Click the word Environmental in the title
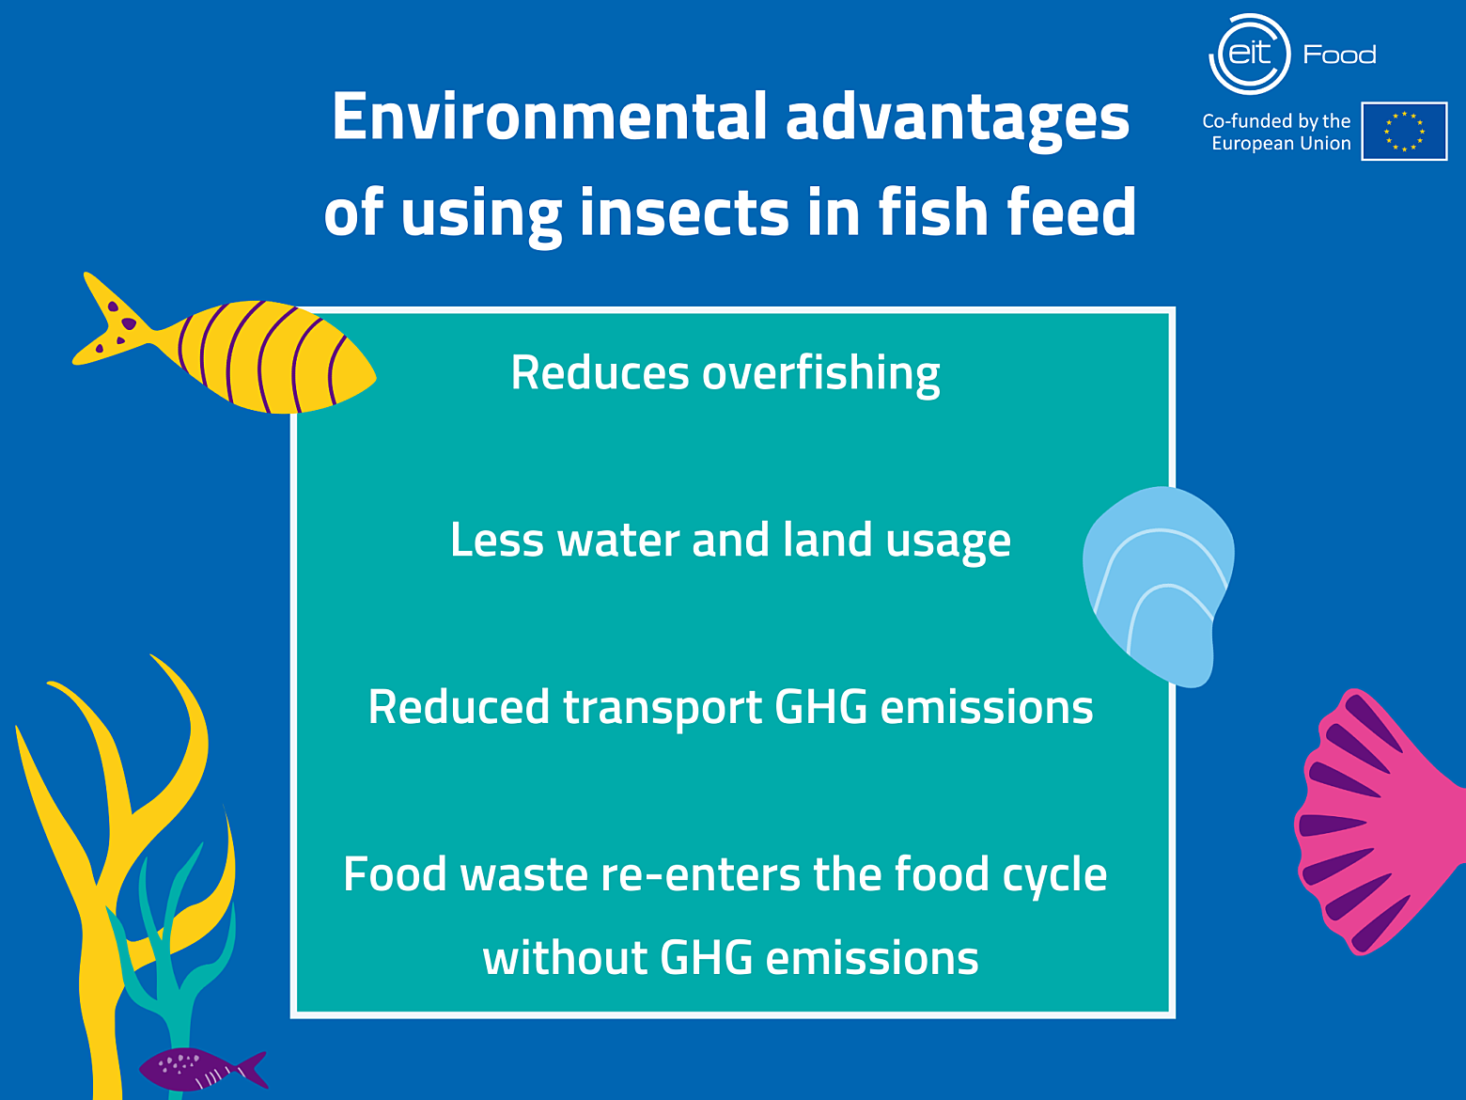point(549,117)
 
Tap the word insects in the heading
point(684,212)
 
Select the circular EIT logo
point(1249,55)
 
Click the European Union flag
point(1404,131)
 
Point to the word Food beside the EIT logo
point(1340,55)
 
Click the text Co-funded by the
point(1276,121)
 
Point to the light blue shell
point(1159,585)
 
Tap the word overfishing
point(820,373)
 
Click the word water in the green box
point(618,541)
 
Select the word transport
point(662,709)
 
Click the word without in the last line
point(565,958)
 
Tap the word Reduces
point(600,372)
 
